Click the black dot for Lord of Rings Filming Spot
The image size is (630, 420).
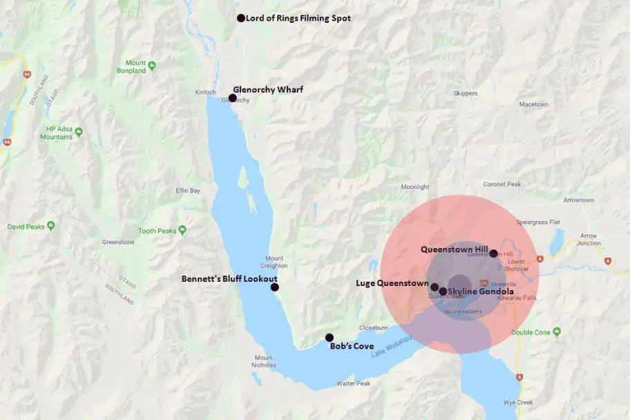click(241, 18)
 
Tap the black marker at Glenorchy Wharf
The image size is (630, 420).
click(233, 98)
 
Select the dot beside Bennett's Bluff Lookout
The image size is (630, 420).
click(274, 287)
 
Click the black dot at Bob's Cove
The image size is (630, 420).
click(329, 338)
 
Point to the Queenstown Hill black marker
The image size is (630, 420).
click(493, 254)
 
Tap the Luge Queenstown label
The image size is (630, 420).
click(392, 283)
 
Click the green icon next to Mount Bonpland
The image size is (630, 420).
click(151, 66)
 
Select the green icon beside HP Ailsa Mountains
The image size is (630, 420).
click(79, 132)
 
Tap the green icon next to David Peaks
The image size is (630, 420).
click(51, 226)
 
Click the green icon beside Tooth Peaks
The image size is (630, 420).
click(182, 230)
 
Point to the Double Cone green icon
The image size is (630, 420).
click(557, 332)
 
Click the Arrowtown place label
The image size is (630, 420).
click(578, 200)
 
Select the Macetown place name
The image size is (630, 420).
click(534, 104)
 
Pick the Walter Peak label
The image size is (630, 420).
click(353, 383)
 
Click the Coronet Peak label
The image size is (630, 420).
click(503, 184)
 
